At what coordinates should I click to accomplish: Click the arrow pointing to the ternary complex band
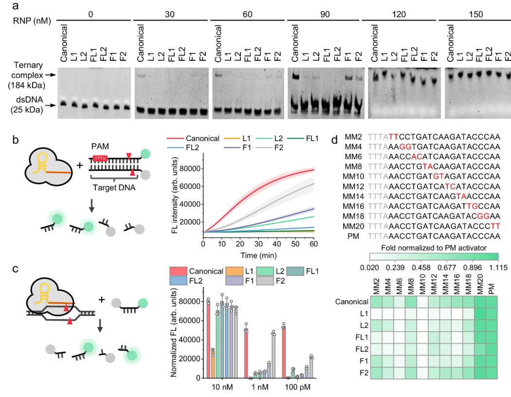(49, 75)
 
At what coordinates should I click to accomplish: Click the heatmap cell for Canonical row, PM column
(491, 302)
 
